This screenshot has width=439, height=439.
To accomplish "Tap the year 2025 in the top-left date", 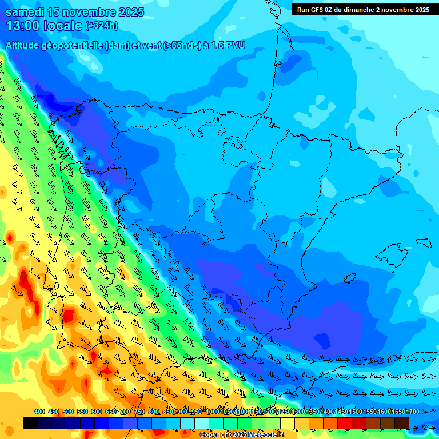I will pos(129,12).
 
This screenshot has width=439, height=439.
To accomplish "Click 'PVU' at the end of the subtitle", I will pos(235,45).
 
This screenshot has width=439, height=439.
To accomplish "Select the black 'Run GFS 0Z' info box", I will pos(363,9).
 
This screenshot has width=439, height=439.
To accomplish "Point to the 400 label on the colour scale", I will pos(39,412).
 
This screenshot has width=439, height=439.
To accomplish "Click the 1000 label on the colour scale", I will pos(212,412).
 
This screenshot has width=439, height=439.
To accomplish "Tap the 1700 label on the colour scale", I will pos(413,412).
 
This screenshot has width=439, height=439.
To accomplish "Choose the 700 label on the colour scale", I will pos(125,412).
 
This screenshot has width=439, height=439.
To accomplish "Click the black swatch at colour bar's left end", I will pos(30,423).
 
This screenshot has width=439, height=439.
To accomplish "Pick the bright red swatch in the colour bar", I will pos(344,423).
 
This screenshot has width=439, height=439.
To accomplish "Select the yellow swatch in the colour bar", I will pos(287,423).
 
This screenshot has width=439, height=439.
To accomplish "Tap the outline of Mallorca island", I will pos(394,252).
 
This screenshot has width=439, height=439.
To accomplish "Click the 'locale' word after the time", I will pos(64,26).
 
